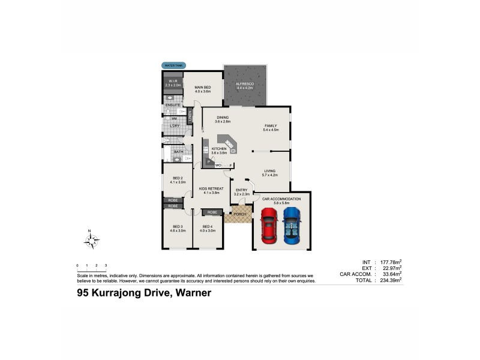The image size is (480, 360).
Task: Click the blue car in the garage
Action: [x=292, y=226]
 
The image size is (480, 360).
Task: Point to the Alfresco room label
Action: [x=245, y=85]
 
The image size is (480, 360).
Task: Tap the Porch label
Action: [x=239, y=214]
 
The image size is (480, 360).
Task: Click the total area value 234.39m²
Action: [x=391, y=280]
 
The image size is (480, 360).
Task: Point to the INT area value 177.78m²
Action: [x=391, y=262]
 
